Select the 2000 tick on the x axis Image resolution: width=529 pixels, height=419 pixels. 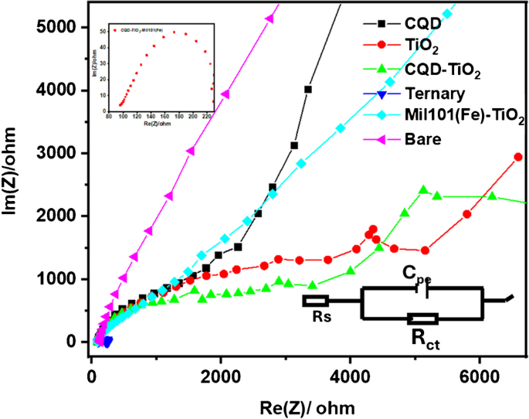221,365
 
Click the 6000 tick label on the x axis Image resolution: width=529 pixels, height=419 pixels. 480,365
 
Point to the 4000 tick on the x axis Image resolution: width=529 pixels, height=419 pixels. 351,365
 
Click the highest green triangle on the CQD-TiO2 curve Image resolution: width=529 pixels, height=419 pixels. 423,189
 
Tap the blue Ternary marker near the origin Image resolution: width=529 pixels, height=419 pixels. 107,341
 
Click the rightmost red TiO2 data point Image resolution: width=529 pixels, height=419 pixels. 518,157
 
